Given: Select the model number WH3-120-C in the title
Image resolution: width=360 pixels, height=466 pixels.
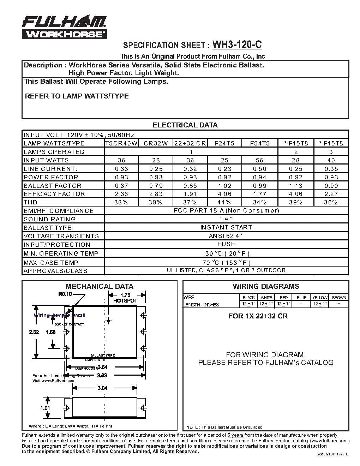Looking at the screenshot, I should [x=238, y=45].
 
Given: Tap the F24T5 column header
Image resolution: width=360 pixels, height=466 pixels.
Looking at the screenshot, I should [x=225, y=143].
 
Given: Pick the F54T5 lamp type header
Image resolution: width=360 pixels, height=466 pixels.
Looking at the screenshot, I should [x=260, y=143].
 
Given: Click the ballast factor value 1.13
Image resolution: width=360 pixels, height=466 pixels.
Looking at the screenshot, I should [x=296, y=186].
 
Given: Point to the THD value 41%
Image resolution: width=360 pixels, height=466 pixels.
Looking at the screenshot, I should [x=225, y=202].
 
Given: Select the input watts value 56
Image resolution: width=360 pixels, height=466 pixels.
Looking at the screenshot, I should [x=260, y=160].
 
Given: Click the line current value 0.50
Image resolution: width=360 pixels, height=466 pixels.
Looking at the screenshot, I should [x=260, y=169].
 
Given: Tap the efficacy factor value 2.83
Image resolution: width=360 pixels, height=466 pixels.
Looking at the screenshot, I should [x=155, y=194].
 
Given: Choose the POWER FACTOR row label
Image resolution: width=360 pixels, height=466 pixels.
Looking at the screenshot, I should [x=51, y=177].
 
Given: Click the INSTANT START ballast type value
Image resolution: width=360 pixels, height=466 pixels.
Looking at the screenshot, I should [x=226, y=227].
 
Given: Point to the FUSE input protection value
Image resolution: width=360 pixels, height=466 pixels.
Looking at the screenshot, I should [x=226, y=244].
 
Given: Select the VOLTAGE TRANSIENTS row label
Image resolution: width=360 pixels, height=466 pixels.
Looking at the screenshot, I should [x=61, y=236].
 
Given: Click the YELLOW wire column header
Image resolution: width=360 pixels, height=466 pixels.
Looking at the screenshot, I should [x=320, y=297].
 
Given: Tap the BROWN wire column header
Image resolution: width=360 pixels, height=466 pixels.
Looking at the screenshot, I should [x=339, y=297].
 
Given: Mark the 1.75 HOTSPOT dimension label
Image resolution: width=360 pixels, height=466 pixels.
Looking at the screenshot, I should [x=125, y=298].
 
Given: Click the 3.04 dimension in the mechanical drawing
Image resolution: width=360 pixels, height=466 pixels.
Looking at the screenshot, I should [x=102, y=388].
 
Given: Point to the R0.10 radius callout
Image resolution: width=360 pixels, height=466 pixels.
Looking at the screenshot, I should [x=65, y=294].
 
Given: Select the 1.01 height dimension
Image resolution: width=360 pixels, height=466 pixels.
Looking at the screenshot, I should [x=45, y=408].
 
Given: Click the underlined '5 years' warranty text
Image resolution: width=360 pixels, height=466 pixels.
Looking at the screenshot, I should [x=235, y=435].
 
